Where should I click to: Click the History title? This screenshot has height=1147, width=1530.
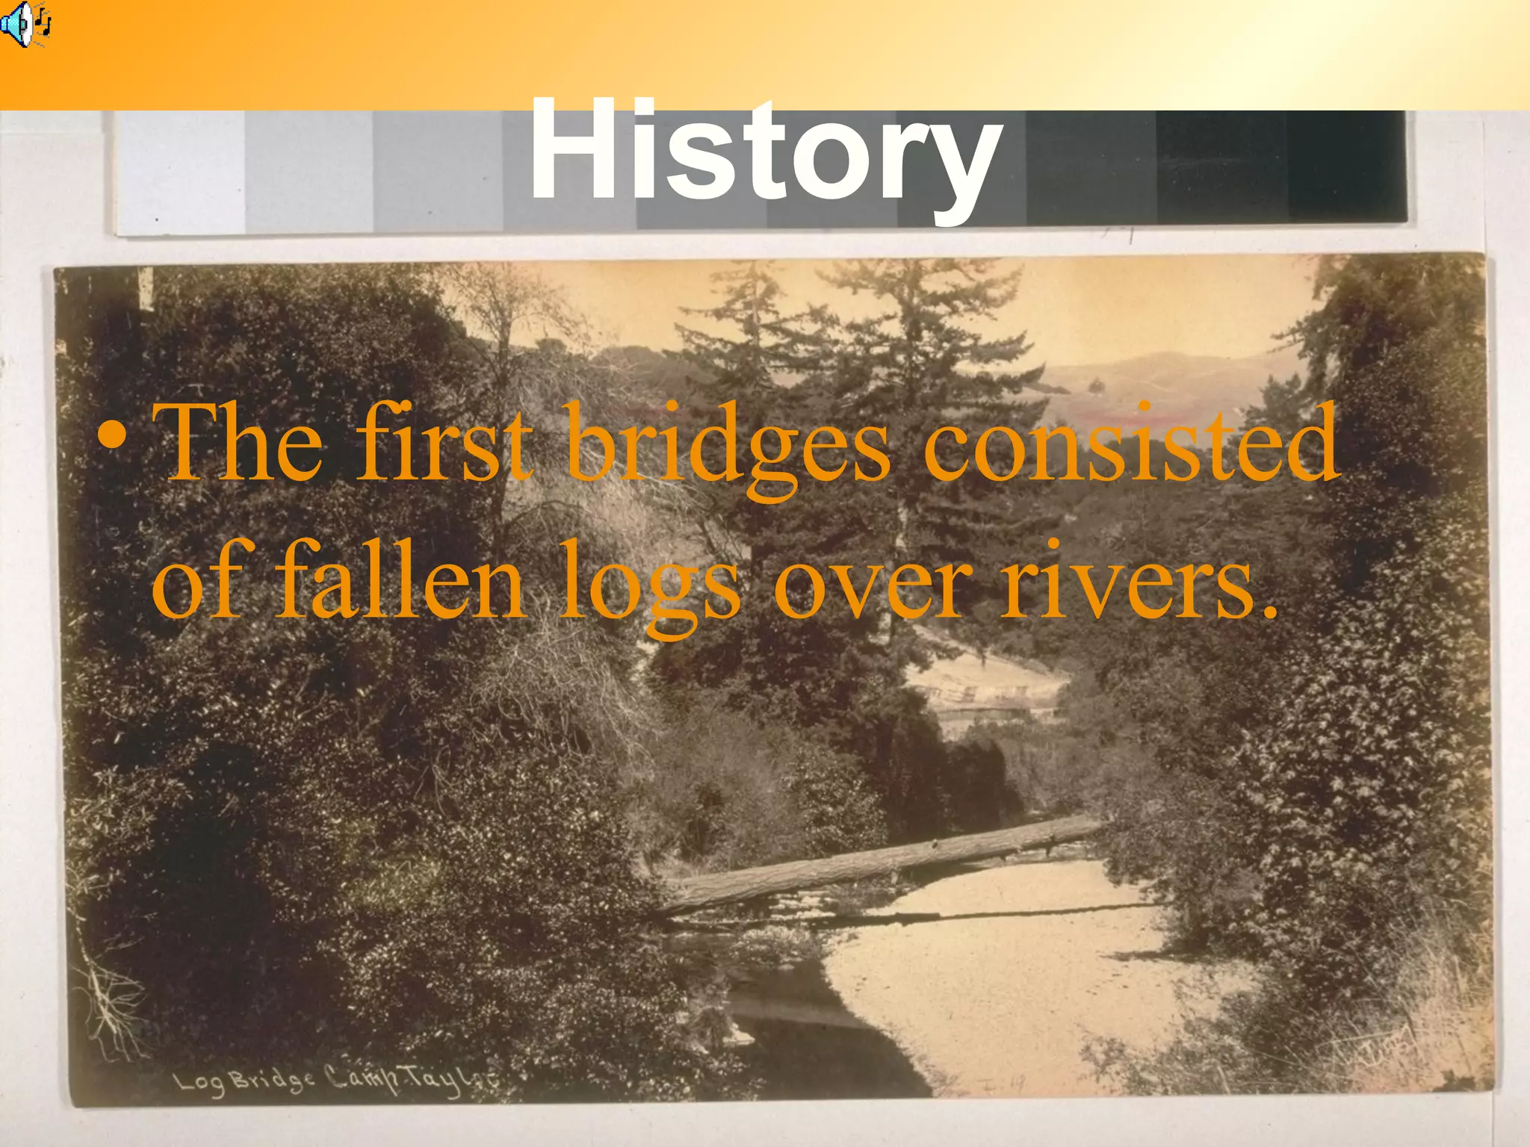coord(765,153)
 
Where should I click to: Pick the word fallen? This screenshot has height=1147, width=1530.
coord(400,580)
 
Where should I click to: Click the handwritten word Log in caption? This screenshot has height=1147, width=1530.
coord(199,1084)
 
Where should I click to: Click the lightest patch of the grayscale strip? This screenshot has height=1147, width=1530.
coord(179,175)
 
